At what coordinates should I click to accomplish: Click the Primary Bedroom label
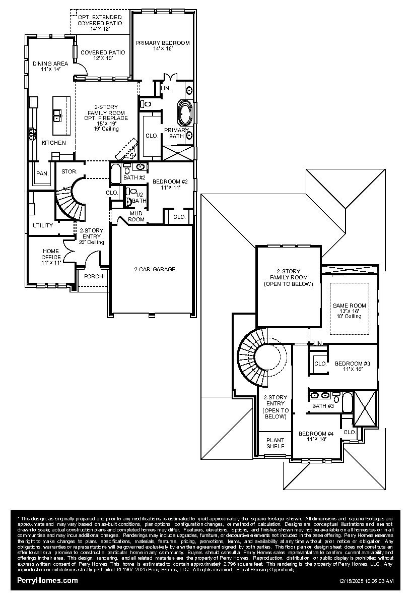pyautogui.click(x=162, y=46)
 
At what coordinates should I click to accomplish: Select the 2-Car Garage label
pyautogui.click(x=155, y=269)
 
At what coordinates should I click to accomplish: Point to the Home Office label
pyautogui.click(x=51, y=257)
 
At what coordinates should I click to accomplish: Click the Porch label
pyautogui.click(x=94, y=276)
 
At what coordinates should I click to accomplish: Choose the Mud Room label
pyautogui.click(x=136, y=216)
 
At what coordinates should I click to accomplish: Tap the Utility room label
pyautogui.click(x=43, y=225)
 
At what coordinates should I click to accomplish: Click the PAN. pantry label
pyautogui.click(x=42, y=173)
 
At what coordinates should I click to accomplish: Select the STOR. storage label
pyautogui.click(x=69, y=172)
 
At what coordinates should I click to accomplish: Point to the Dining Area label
pyautogui.click(x=50, y=66)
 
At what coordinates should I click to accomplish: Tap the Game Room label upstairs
pyautogui.click(x=349, y=311)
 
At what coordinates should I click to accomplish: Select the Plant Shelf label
pyautogui.click(x=275, y=443)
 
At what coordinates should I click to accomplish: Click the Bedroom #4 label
pyautogui.click(x=316, y=436)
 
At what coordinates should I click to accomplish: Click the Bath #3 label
pyautogui.click(x=323, y=406)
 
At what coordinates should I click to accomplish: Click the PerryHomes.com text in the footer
pyautogui.click(x=48, y=580)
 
